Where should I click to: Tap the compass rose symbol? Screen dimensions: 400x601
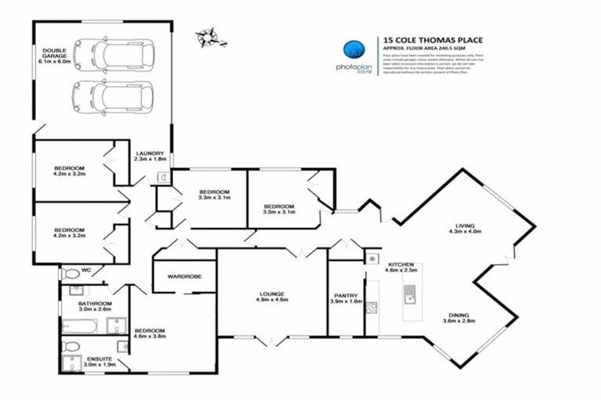pos(208,35)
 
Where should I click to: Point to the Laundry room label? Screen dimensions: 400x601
pos(149,156)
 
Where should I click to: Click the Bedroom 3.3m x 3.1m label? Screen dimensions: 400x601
pos(214,195)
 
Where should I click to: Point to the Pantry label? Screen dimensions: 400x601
pos(345,298)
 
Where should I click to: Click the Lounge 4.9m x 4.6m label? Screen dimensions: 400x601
pos(272,297)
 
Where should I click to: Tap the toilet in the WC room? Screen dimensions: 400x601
pos(70,274)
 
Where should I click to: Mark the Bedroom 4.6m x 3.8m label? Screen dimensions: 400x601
pos(149,334)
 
